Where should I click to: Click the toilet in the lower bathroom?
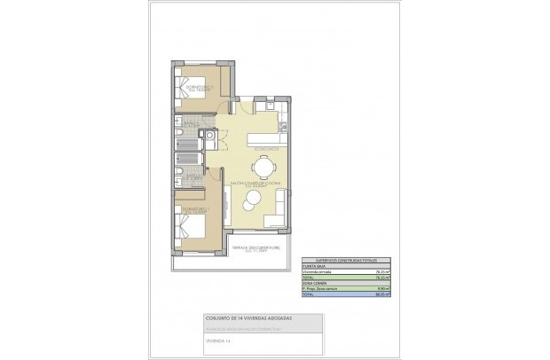pyautogui.click(x=180, y=172)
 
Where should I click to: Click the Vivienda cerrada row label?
pyautogui.click(x=318, y=271)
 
